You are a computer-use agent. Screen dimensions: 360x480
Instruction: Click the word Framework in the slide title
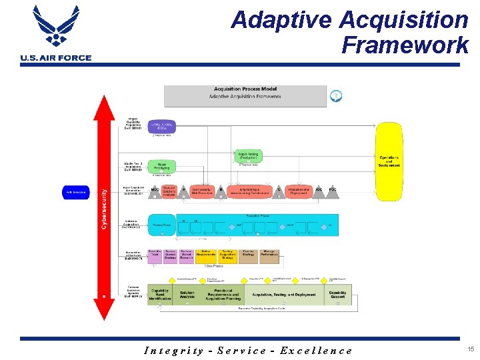pyautogui.click(x=405, y=45)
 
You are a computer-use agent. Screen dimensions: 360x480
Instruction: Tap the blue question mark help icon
pyautogui.click(x=336, y=96)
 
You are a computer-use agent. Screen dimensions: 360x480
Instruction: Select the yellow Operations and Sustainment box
pyautogui.click(x=389, y=161)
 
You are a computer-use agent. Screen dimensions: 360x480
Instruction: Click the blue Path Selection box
pyautogui.click(x=77, y=192)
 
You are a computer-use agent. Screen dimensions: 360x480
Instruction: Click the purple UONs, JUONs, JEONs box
pyautogui.click(x=161, y=125)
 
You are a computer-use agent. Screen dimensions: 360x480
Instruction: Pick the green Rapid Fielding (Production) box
pyautogui.click(x=248, y=156)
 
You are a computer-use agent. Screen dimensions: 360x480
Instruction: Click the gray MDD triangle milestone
pyautogui.click(x=155, y=191)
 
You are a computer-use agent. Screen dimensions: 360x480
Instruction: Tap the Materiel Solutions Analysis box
pyautogui.click(x=169, y=191)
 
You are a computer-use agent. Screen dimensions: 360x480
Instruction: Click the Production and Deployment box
pyautogui.click(x=298, y=191)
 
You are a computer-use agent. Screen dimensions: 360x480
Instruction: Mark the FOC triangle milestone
pyautogui.click(x=333, y=191)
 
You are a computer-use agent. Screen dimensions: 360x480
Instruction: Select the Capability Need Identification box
pyautogui.click(x=159, y=295)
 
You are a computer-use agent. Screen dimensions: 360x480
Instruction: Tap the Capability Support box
pyautogui.click(x=337, y=294)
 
